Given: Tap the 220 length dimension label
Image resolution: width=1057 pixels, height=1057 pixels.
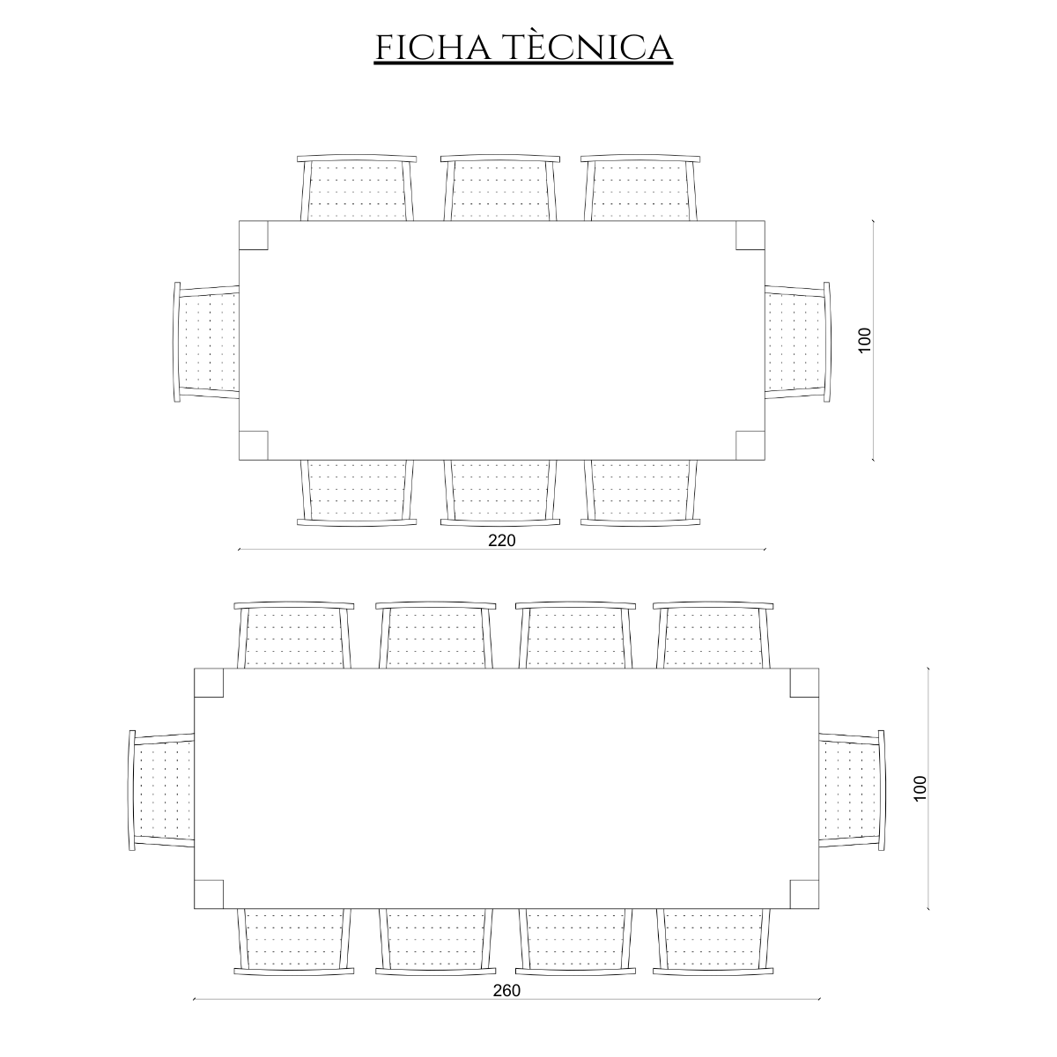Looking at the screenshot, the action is [502, 541].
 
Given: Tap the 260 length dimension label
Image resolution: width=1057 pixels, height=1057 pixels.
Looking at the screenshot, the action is [506, 991].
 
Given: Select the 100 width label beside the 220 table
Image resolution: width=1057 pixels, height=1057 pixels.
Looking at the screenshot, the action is [864, 340].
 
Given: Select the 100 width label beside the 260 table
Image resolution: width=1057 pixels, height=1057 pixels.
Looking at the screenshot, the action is [920, 788].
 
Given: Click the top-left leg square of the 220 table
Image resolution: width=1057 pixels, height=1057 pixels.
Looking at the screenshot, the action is [254, 235].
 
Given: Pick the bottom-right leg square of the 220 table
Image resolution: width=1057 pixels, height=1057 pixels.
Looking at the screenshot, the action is [750, 446].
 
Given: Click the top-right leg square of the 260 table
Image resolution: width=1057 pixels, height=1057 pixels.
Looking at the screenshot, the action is [805, 683].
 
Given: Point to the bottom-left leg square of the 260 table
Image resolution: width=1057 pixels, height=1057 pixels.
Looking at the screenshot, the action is [209, 894].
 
